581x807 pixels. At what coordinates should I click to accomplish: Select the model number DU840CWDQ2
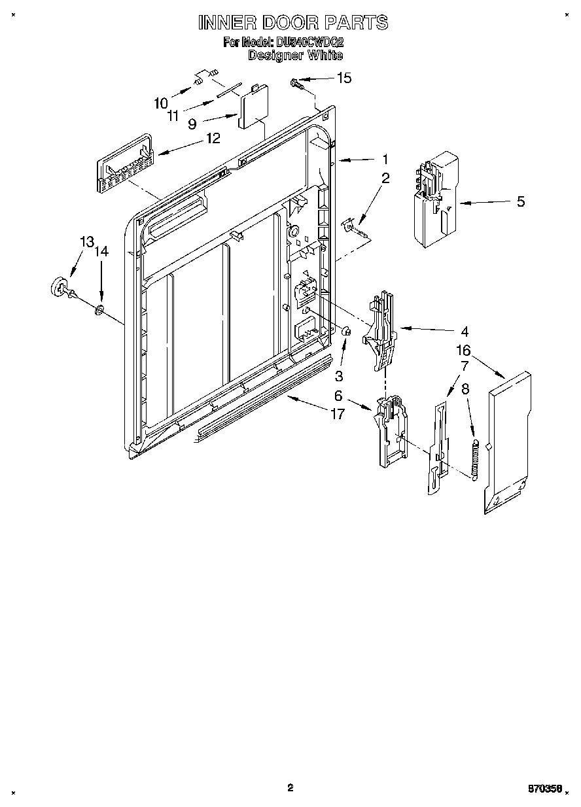pos(310,43)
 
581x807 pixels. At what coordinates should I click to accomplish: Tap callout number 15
pos(343,78)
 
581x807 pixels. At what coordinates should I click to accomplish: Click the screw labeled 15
pos(296,83)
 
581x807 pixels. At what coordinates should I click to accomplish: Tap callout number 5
pos(520,201)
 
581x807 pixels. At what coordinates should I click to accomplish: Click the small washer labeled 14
pos(99,309)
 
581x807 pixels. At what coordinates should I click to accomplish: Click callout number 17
pos(337,414)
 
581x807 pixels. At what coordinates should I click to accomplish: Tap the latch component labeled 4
pos(381,330)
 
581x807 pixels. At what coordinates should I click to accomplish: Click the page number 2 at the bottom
pos(290,787)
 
